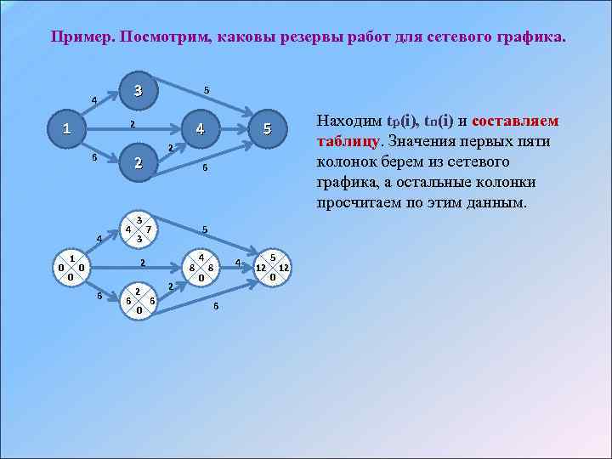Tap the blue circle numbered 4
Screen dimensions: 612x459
coord(199,130)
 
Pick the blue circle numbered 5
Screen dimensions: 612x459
coord(267,130)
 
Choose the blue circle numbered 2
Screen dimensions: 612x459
coord(139,164)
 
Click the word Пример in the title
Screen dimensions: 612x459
coord(82,38)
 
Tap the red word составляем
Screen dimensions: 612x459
coord(515,121)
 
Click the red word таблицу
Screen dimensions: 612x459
coord(348,141)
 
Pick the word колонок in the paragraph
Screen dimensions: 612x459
coord(347,161)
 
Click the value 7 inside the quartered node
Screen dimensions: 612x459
coord(149,229)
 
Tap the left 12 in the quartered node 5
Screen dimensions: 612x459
coord(261,267)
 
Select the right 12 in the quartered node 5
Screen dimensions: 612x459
coord(285,267)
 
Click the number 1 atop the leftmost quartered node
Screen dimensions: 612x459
coord(72,258)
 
